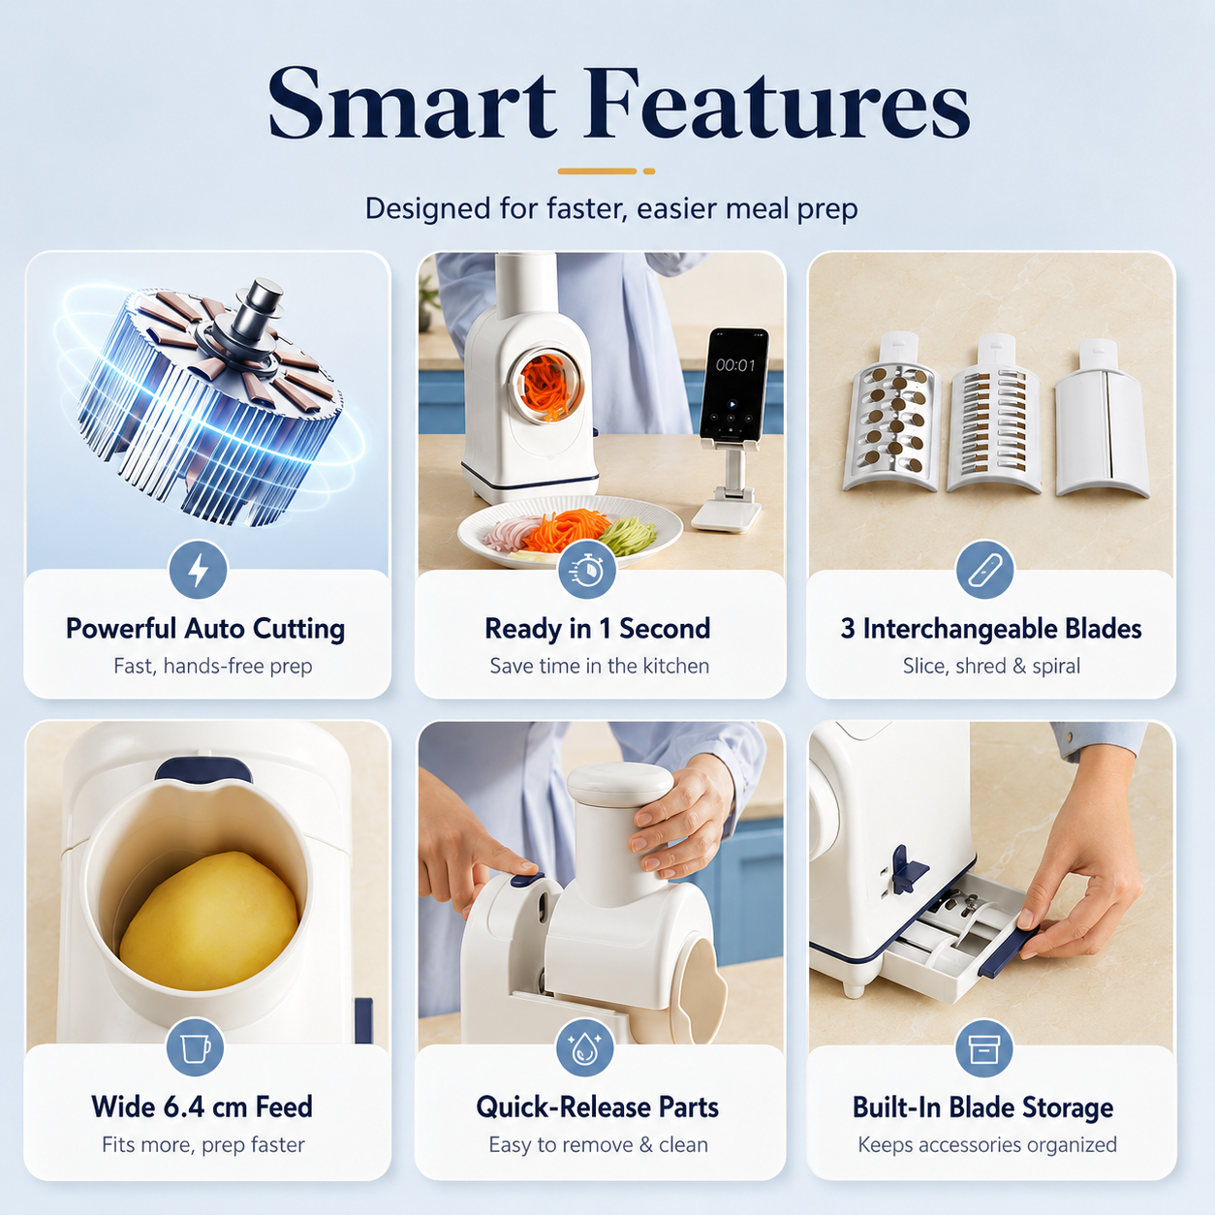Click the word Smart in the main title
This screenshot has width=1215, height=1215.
pyautogui.click(x=412, y=103)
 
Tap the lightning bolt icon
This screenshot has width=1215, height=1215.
pyautogui.click(x=198, y=570)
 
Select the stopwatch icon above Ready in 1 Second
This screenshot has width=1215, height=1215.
pyautogui.click(x=587, y=570)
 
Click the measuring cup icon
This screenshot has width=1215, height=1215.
pyautogui.click(x=195, y=1047)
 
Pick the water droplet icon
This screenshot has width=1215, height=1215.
pyautogui.click(x=584, y=1047)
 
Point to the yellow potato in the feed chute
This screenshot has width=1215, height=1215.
pyautogui.click(x=208, y=921)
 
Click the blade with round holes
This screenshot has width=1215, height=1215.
pyautogui.click(x=892, y=412)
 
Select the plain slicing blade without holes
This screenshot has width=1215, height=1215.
pyautogui.click(x=1102, y=418)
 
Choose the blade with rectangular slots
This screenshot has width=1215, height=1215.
pyautogui.click(x=995, y=414)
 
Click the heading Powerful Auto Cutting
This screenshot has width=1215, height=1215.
pyautogui.click(x=205, y=629)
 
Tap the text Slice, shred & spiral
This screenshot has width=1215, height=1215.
pyautogui.click(x=991, y=666)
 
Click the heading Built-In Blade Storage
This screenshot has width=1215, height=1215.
pyautogui.click(x=983, y=1107)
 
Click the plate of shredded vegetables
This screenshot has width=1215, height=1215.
pyautogui.click(x=570, y=530)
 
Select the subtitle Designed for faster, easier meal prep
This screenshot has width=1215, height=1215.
pyautogui.click(x=611, y=208)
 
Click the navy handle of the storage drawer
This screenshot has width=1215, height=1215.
pyautogui.click(x=1007, y=948)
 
